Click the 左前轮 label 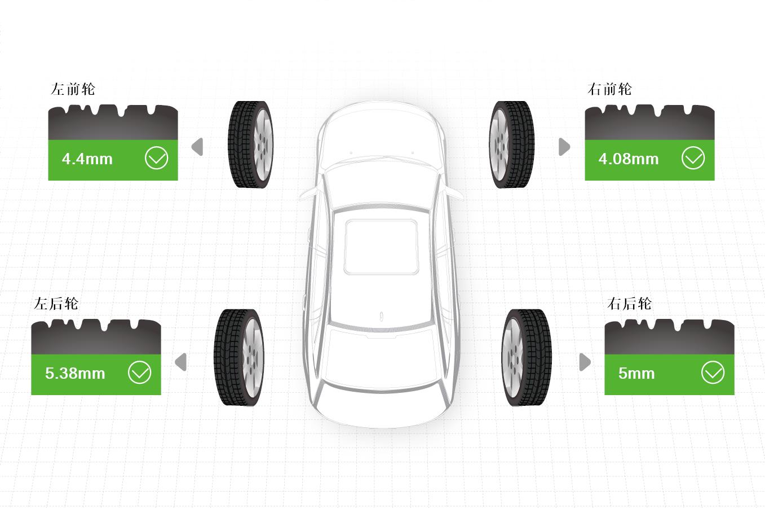(x=73, y=89)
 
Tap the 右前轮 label (x=609, y=89)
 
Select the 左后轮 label (x=56, y=304)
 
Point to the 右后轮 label (x=629, y=304)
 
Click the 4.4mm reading (x=87, y=159)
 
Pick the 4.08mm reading (x=629, y=159)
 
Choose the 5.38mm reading (x=75, y=373)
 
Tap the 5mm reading (x=636, y=373)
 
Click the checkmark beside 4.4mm (x=156, y=158)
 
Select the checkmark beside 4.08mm (x=693, y=158)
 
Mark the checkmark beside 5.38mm (x=140, y=373)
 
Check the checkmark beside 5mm (x=713, y=373)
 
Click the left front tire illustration (x=251, y=144)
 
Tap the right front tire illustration (x=511, y=144)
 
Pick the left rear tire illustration (x=239, y=358)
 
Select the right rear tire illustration (x=527, y=358)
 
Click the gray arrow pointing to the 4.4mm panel (x=197, y=147)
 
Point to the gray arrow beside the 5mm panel (x=585, y=362)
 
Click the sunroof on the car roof (x=382, y=247)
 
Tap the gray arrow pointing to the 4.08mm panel (x=564, y=147)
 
